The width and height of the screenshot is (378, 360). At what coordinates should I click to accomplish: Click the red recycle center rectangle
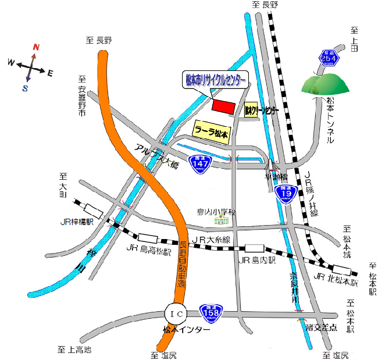point(222,106)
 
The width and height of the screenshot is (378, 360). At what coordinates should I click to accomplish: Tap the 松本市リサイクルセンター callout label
point(215,80)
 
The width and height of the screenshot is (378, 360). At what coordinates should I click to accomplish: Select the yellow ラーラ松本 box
point(212,130)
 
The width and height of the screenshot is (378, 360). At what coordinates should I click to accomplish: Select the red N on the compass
point(35,47)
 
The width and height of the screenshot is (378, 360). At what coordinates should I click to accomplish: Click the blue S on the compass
point(25,88)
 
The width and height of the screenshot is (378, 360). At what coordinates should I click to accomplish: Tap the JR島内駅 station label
point(256,261)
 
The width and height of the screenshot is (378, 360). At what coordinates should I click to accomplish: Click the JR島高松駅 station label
point(148,251)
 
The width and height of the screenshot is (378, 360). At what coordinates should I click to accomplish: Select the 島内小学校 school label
point(217,212)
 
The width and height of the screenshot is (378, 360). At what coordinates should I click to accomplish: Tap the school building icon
point(222,220)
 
